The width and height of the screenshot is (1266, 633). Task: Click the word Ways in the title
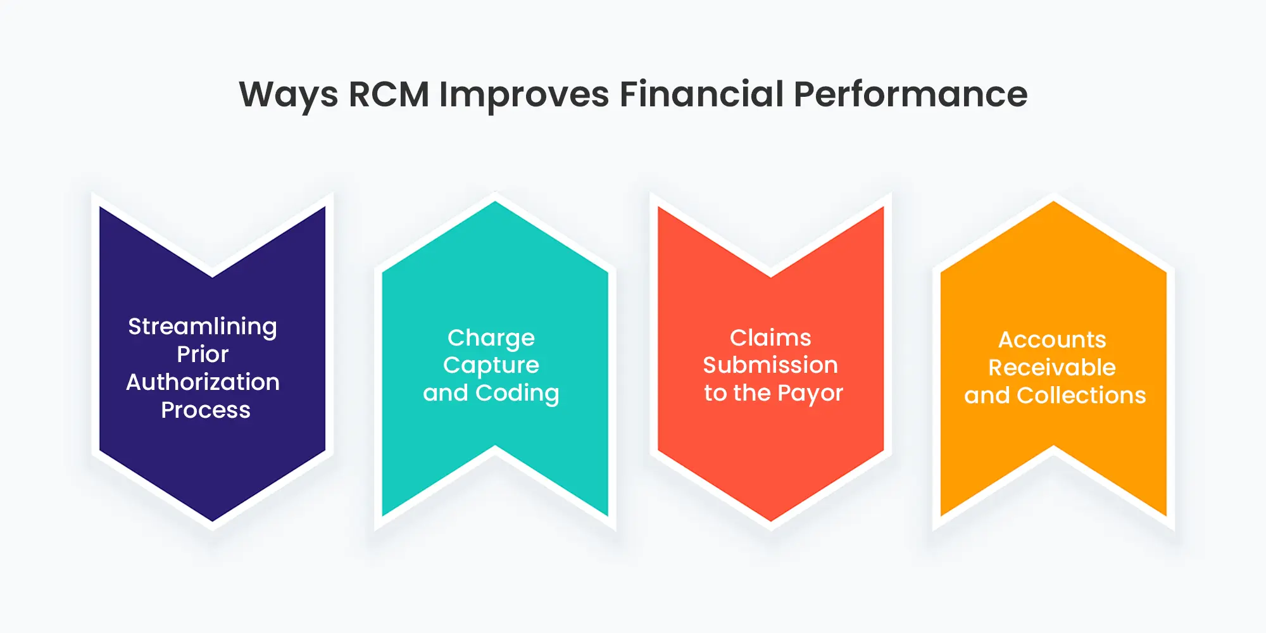[x=288, y=95]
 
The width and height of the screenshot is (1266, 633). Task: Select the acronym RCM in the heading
[x=389, y=95]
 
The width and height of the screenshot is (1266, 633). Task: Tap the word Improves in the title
[x=524, y=95]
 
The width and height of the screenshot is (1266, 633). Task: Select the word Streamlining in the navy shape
[x=203, y=327]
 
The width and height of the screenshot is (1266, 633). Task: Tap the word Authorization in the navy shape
[x=203, y=382]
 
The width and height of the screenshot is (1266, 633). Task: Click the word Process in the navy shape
[x=206, y=410]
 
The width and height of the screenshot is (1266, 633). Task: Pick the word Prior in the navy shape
[x=203, y=354]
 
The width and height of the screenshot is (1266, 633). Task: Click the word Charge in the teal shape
[x=491, y=338]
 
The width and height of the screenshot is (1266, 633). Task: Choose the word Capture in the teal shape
[x=491, y=365]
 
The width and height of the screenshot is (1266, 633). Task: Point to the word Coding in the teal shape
[x=517, y=393]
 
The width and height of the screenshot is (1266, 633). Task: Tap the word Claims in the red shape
[x=770, y=338]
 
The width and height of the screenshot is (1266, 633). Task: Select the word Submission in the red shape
[x=770, y=365]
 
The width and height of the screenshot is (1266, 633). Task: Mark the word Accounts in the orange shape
[x=1052, y=340]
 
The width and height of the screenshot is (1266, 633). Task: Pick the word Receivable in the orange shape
[x=1052, y=368]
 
